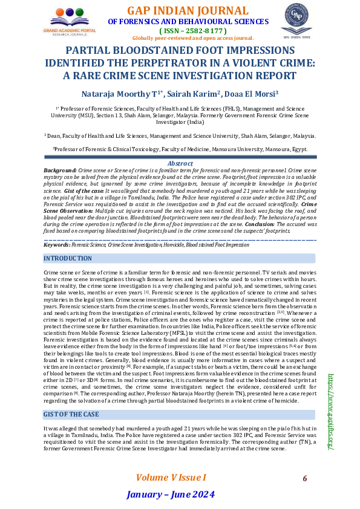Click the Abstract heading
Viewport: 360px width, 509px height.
[x=180, y=163]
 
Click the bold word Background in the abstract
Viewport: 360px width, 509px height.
[x=60, y=171]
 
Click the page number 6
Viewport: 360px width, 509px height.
[x=305, y=478]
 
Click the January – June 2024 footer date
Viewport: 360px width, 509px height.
[x=170, y=496]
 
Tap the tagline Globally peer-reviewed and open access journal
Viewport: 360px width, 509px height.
[x=192, y=37]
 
